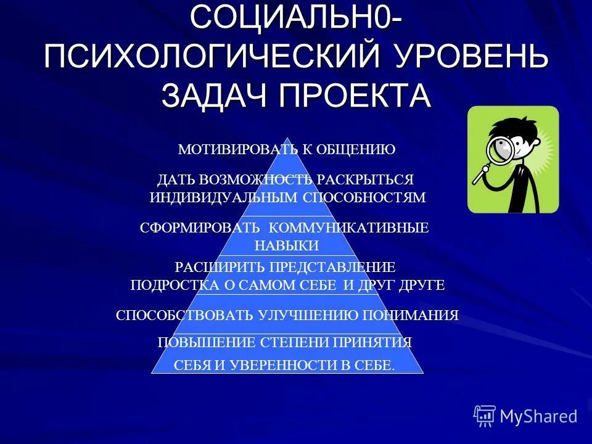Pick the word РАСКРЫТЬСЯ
tap(365, 179)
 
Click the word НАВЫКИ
tap(287, 245)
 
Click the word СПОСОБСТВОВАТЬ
tap(184, 315)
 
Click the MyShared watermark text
tap(538, 416)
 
